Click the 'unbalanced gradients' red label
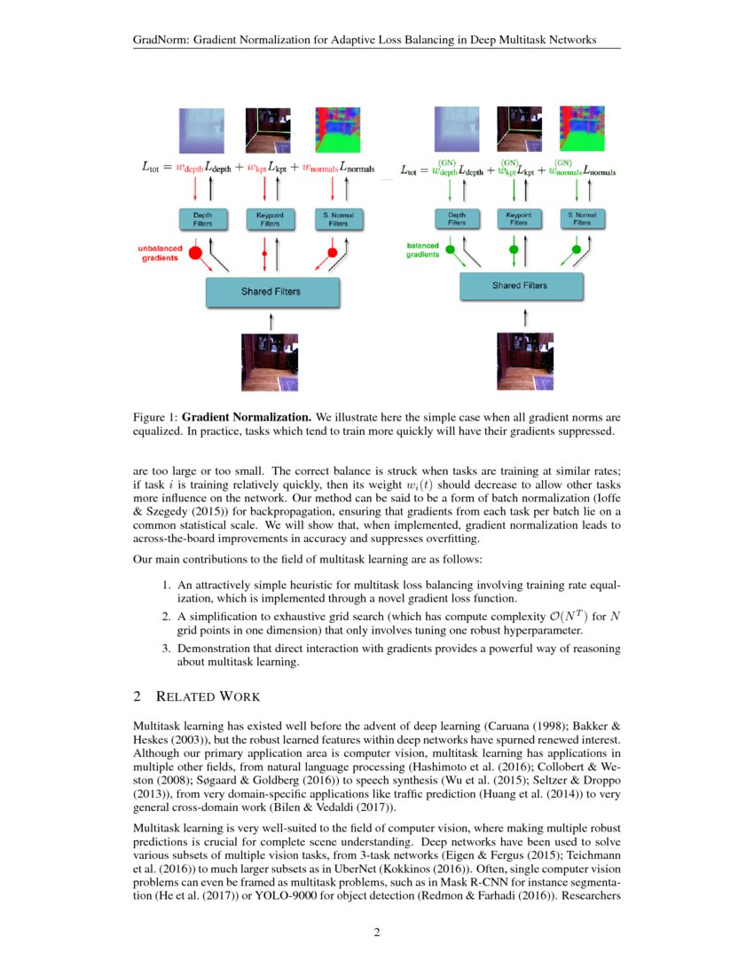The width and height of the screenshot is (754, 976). (160, 253)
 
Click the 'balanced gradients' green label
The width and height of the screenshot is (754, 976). (422, 249)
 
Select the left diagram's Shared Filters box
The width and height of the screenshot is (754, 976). (272, 291)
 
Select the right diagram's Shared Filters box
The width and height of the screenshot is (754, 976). (520, 286)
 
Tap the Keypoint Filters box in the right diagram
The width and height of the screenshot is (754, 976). (518, 218)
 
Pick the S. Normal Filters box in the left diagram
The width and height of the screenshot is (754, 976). (338, 219)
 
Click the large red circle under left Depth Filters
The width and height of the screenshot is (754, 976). (197, 253)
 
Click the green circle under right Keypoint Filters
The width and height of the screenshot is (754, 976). (514, 251)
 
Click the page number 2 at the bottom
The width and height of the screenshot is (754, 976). (376, 932)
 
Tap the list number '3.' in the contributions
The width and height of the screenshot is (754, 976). (166, 649)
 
